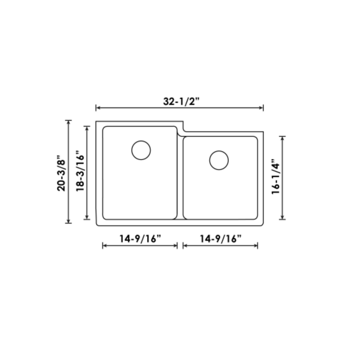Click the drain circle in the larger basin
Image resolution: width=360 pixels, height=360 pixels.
click(x=141, y=150)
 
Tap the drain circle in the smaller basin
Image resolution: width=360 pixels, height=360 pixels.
click(x=219, y=160)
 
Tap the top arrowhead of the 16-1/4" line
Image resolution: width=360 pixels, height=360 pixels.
click(x=282, y=138)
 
